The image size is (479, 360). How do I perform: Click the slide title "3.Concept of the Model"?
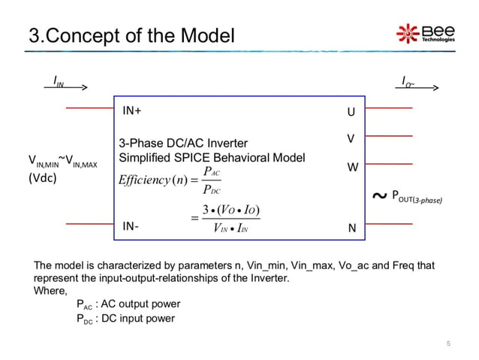(131, 35)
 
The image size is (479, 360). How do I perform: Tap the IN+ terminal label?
(132, 110)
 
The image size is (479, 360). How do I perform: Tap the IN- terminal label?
(131, 225)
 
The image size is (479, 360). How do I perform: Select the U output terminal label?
(350, 113)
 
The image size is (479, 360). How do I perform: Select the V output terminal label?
(350, 140)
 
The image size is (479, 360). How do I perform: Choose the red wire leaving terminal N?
(388, 224)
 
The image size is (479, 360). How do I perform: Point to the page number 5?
(448, 344)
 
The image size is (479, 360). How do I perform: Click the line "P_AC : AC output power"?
(128, 304)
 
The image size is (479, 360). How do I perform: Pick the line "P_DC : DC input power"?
(125, 318)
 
